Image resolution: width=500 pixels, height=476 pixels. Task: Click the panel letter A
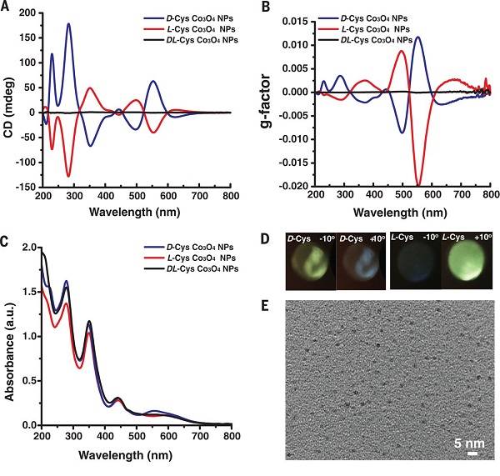point(7,8)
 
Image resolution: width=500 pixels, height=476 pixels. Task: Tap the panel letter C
point(7,243)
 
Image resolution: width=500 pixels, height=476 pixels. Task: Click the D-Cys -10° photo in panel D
point(310,263)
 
